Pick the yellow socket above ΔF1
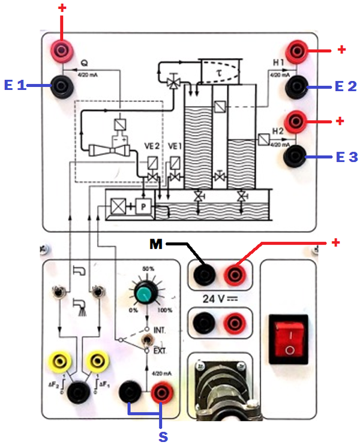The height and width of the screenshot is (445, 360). point(95,362)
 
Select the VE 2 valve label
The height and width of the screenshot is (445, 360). point(152,146)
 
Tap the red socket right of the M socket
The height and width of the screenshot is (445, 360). point(233,275)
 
